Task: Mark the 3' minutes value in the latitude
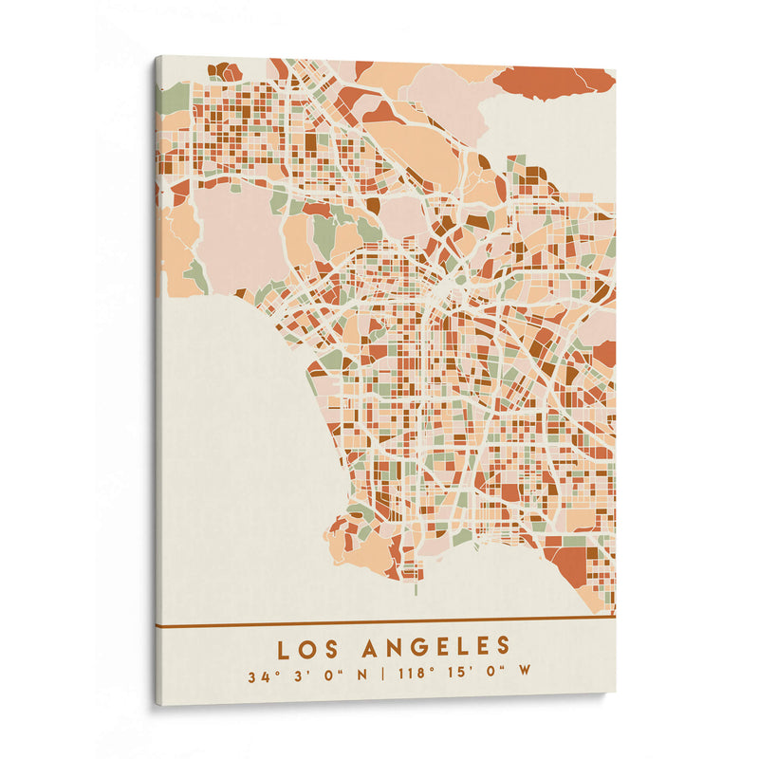coord(301,677)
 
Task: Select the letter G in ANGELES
coord(418,648)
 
